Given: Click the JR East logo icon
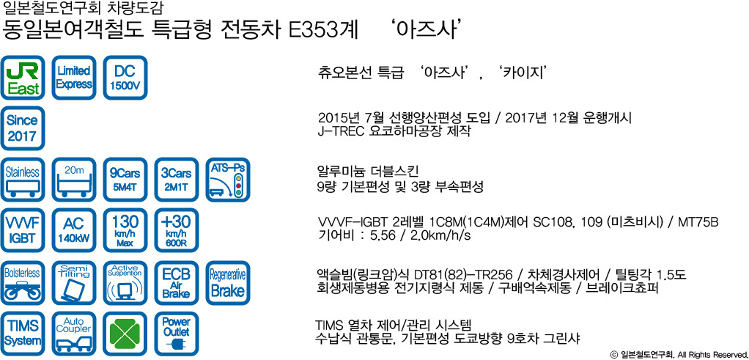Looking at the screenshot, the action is click(x=23, y=78).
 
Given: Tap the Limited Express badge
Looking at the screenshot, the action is click(x=74, y=78).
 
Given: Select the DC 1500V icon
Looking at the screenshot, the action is click(x=125, y=78).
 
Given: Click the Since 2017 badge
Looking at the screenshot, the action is click(x=23, y=128).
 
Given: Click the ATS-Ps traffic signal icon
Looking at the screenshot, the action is click(x=228, y=180).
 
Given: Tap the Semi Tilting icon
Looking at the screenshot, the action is click(x=74, y=283).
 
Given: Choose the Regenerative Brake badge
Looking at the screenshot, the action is click(x=228, y=283).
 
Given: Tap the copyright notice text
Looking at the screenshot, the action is click(x=679, y=355).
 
